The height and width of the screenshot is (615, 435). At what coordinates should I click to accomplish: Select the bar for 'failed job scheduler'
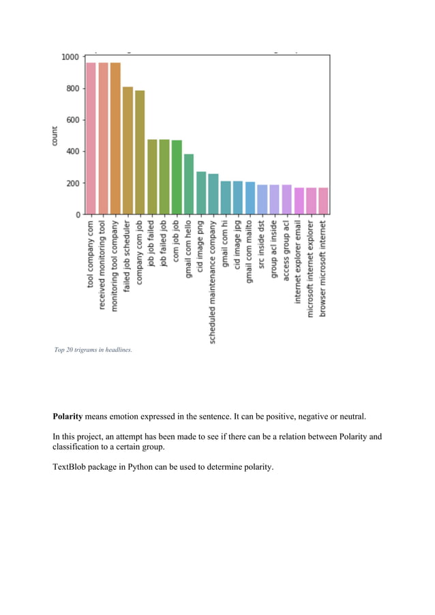pyautogui.click(x=127, y=151)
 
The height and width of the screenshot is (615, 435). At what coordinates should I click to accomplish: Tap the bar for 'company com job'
pyautogui.click(x=140, y=153)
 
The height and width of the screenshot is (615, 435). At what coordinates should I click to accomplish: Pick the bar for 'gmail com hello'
pyautogui.click(x=189, y=184)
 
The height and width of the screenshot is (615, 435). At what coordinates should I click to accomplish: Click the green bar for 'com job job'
pyautogui.click(x=177, y=177)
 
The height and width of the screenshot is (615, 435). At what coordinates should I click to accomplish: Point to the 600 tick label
pyautogui.click(x=72, y=120)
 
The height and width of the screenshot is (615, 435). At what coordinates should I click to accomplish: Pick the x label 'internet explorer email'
pyautogui.click(x=299, y=269)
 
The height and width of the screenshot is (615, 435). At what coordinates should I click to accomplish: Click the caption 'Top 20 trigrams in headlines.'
pyautogui.click(x=93, y=350)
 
